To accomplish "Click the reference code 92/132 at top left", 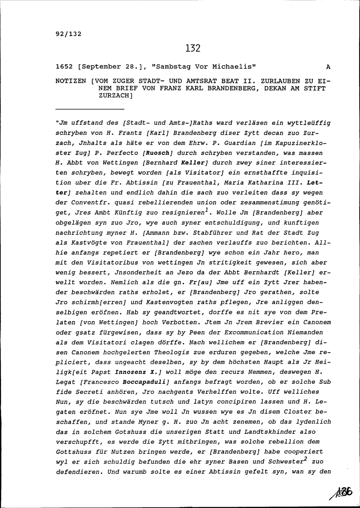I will [68, 34].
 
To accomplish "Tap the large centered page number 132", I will [193, 48].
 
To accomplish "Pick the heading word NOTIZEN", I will [71, 81].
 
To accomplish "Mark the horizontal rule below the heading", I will [90, 109].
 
